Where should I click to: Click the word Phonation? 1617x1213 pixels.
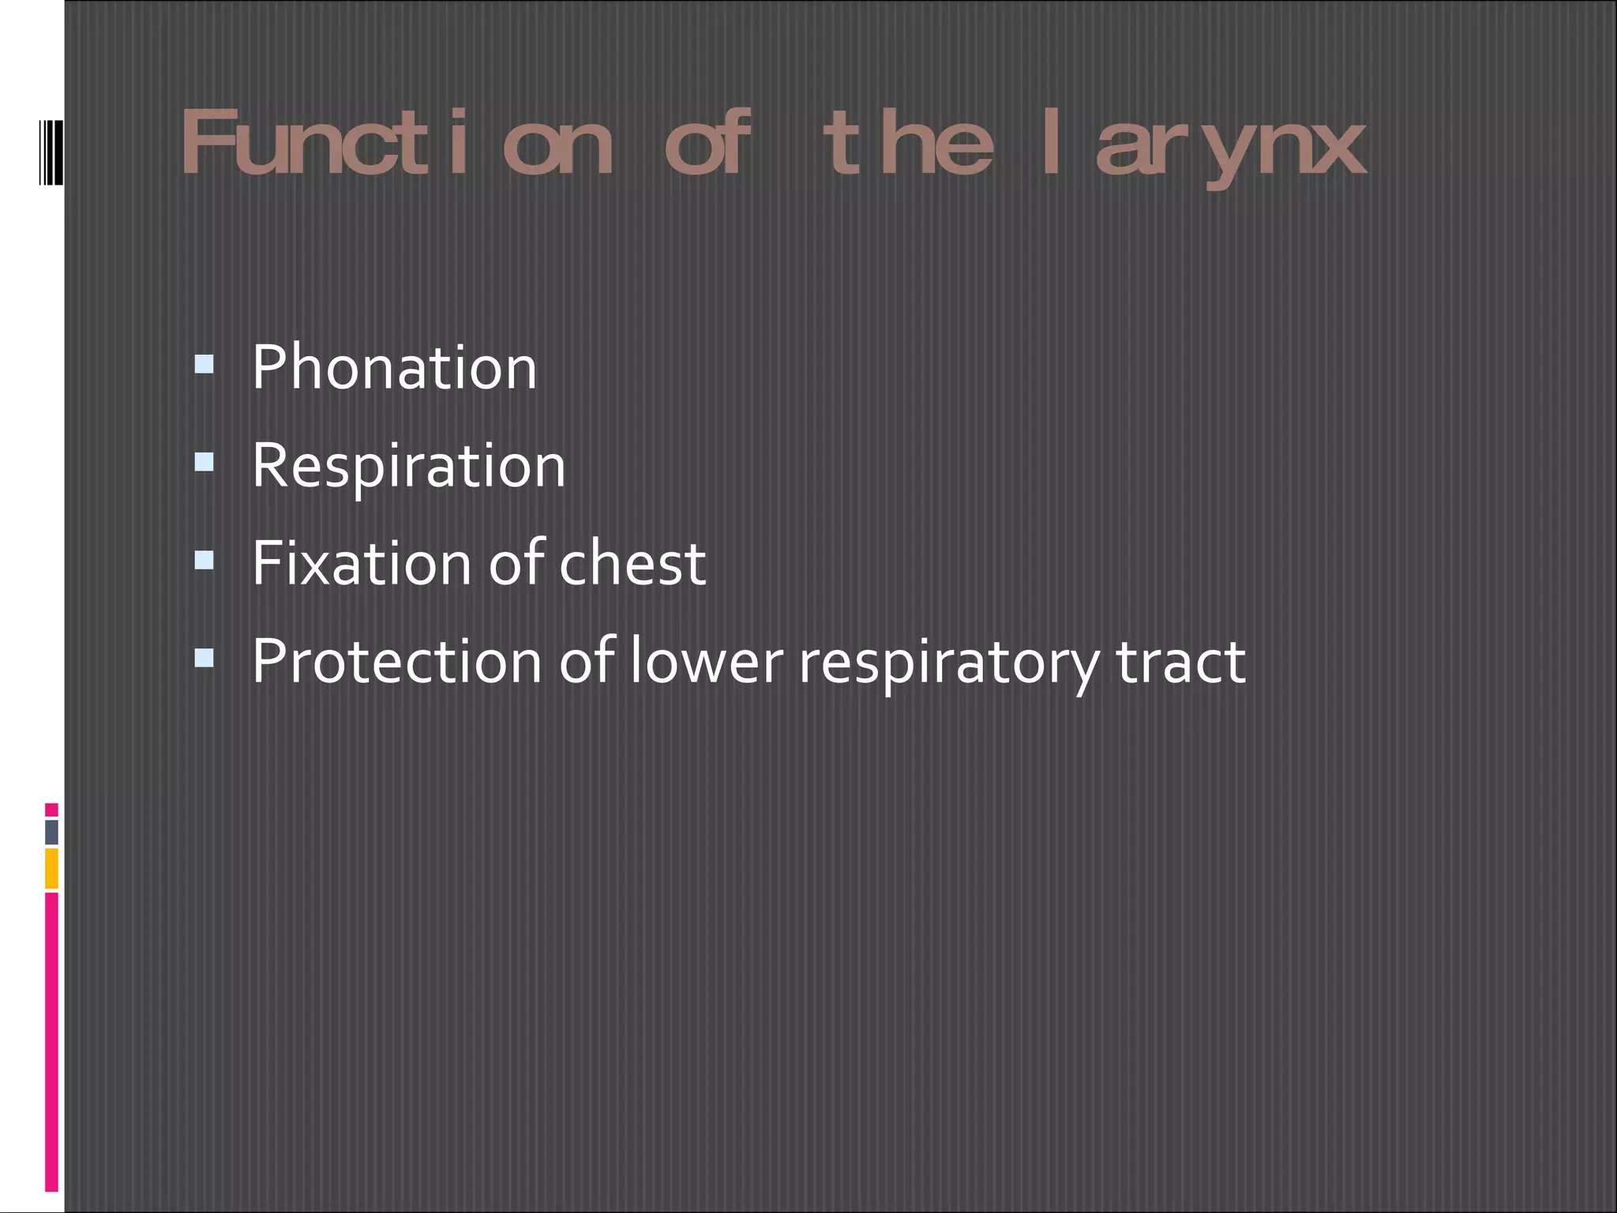pyautogui.click(x=394, y=368)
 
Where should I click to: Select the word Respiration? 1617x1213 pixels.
pyautogui.click(x=408, y=466)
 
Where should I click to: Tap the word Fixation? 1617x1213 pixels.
pyautogui.click(x=360, y=564)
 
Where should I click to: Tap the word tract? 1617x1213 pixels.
pyautogui.click(x=1180, y=662)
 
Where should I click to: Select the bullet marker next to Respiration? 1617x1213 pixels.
pyautogui.click(x=204, y=461)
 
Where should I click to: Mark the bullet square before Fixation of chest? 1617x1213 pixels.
pyautogui.click(x=204, y=559)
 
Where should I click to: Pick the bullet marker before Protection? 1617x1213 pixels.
pyautogui.click(x=204, y=657)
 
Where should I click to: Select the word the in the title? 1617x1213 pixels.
pyautogui.click(x=907, y=144)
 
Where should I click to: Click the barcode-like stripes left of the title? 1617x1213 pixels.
pyautogui.click(x=51, y=152)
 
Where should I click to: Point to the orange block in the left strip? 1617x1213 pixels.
pyautogui.click(x=51, y=869)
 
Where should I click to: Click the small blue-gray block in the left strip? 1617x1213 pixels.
pyautogui.click(x=51, y=832)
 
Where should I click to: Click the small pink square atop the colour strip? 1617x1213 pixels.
pyautogui.click(x=51, y=809)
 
